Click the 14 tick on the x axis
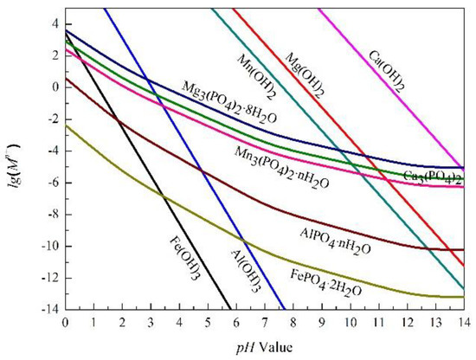click(x=463, y=321)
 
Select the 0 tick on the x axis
click(x=66, y=321)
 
